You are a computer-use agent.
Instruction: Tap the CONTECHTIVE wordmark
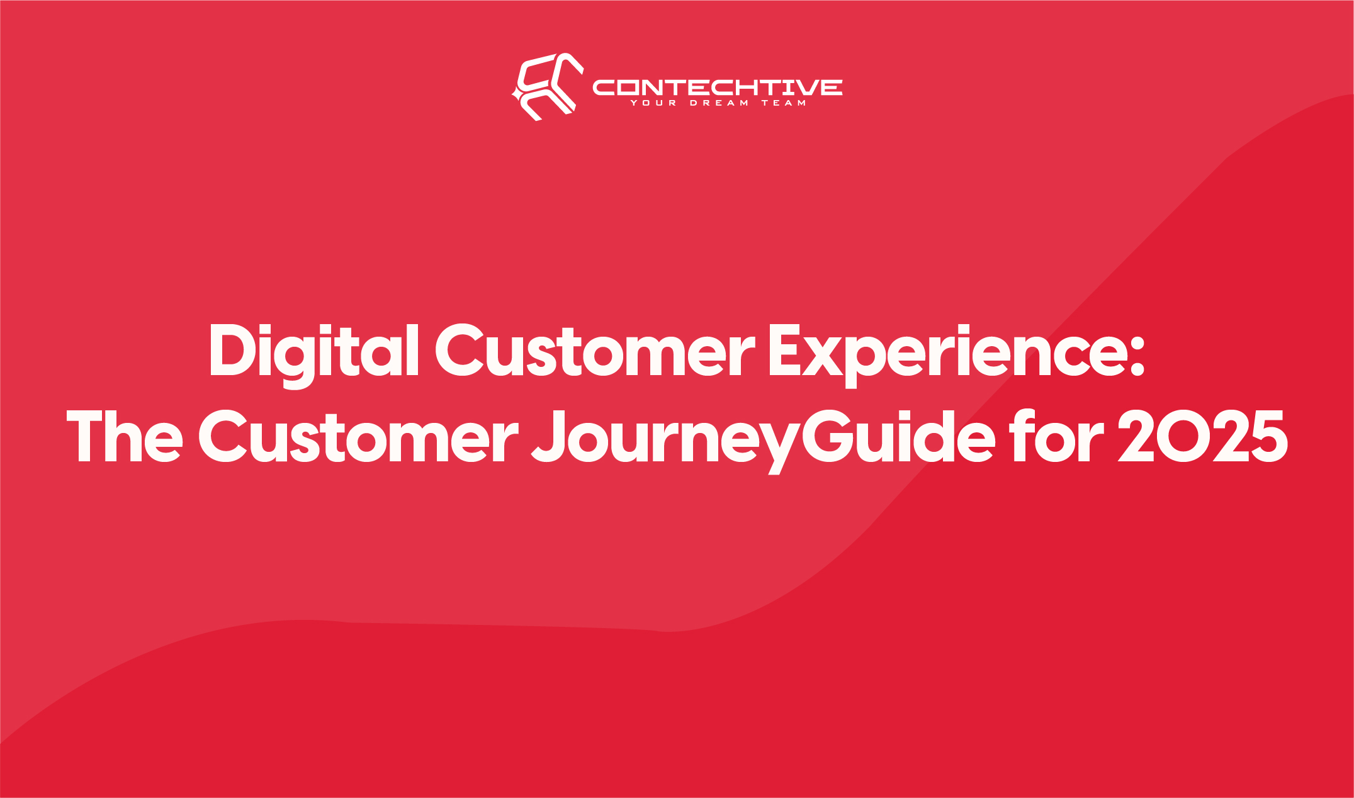tap(718, 87)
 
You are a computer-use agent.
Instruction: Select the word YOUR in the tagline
tap(653, 103)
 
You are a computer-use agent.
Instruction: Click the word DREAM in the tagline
tap(719, 103)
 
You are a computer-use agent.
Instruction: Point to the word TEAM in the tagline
tap(784, 103)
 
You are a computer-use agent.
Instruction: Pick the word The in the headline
tap(125, 436)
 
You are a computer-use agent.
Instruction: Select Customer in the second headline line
tap(359, 436)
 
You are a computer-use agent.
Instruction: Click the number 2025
tap(1202, 436)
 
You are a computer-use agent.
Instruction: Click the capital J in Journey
tap(551, 436)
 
